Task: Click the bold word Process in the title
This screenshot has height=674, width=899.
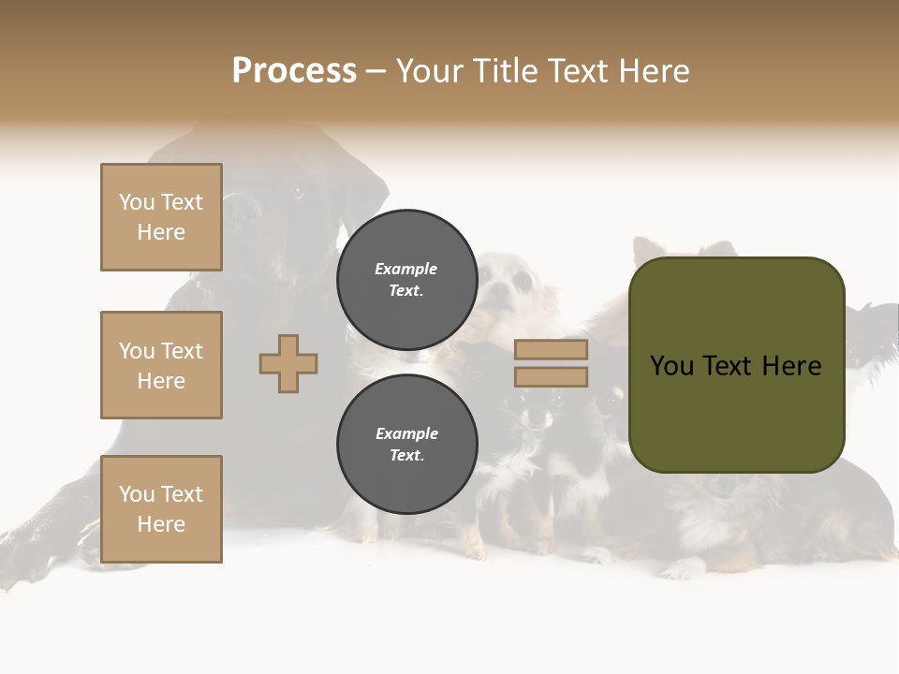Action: pyautogui.click(x=294, y=71)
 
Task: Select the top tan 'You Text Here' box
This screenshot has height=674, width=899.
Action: pyautogui.click(x=161, y=217)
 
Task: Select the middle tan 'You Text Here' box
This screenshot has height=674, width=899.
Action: pyautogui.click(x=161, y=365)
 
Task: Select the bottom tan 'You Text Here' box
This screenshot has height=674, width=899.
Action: pyautogui.click(x=161, y=509)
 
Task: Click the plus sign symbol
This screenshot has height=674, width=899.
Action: pyautogui.click(x=288, y=363)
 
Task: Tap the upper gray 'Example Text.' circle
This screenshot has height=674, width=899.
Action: pyautogui.click(x=406, y=279)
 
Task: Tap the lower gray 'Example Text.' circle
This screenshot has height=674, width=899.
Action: pyautogui.click(x=406, y=444)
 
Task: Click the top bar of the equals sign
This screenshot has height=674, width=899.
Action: pyautogui.click(x=551, y=350)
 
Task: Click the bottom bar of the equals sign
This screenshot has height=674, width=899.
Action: pyautogui.click(x=551, y=376)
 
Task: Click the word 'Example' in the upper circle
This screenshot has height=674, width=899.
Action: pyautogui.click(x=406, y=269)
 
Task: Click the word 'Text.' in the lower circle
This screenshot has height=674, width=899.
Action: pyautogui.click(x=406, y=455)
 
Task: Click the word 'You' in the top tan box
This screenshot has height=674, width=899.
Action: pyautogui.click(x=137, y=202)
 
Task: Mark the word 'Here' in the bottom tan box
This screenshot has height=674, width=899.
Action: pyautogui.click(x=161, y=524)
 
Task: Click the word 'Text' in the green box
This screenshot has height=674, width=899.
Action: pyautogui.click(x=730, y=366)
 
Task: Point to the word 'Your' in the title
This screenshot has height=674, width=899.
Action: pyautogui.click(x=429, y=71)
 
